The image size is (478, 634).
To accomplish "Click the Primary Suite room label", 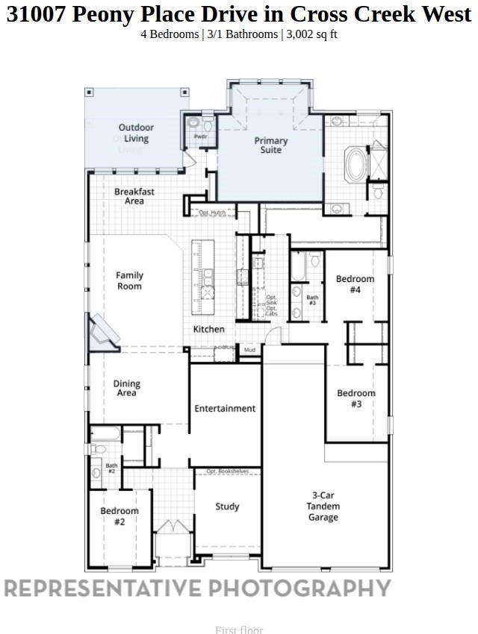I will (x=270, y=145).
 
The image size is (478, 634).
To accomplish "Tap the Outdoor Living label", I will (x=136, y=133).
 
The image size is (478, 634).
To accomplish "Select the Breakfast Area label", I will (x=134, y=196).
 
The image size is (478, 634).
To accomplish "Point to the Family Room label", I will (x=129, y=280).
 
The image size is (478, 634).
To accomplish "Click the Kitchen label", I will (x=209, y=329).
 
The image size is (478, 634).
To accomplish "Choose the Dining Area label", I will (x=127, y=389).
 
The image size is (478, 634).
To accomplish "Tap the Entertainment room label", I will (x=225, y=408).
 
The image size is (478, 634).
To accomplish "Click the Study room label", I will (x=227, y=506).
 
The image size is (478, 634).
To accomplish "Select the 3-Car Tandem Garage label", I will (x=323, y=506).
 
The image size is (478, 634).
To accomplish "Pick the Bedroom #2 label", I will (x=119, y=516).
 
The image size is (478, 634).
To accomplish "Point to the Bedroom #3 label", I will (x=356, y=398).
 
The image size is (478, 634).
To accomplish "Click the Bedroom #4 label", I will (x=355, y=284).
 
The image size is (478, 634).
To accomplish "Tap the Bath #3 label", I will (x=312, y=300).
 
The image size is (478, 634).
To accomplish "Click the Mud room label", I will (x=249, y=349).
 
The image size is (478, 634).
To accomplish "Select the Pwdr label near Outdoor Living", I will (x=200, y=136).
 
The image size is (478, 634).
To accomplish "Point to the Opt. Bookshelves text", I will (x=227, y=471).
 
